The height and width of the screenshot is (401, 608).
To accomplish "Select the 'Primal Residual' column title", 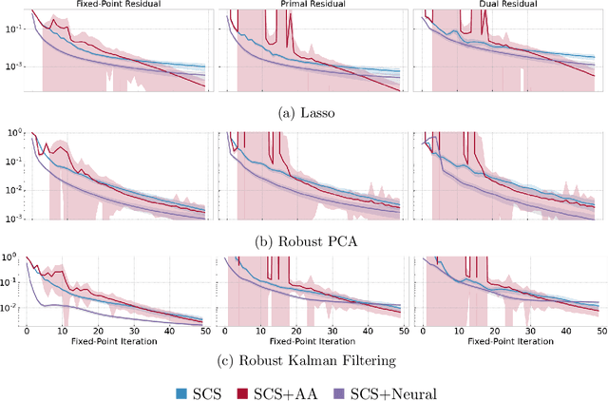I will (311, 5).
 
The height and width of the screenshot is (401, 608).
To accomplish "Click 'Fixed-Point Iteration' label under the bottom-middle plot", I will (311, 342).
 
